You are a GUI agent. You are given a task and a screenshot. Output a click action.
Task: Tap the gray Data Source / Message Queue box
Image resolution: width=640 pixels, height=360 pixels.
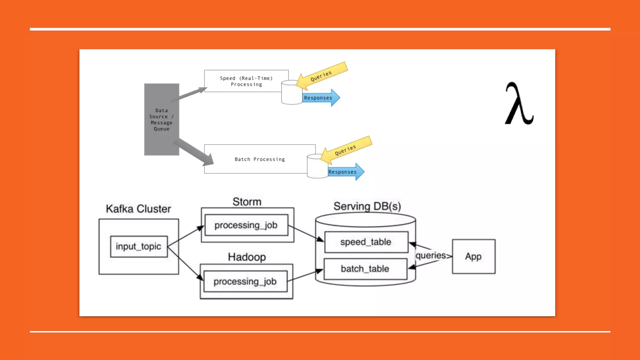pos(162,119)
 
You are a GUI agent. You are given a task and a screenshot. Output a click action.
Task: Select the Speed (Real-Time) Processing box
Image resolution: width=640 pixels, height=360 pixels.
pos(246,81)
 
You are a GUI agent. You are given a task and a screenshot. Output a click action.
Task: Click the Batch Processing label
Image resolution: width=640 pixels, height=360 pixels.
pos(260,159)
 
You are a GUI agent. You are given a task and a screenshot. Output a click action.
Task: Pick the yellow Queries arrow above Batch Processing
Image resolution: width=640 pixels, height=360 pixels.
pos(346,150)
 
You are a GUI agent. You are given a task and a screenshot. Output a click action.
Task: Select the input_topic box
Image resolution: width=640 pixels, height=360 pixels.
pos(139,247)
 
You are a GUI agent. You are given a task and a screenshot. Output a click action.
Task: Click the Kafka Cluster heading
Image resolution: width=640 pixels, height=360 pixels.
pos(138,209)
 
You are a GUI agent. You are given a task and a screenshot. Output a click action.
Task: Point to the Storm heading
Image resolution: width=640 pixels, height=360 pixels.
pos(247,202)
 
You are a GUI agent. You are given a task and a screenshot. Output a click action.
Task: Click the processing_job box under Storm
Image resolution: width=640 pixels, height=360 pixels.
pos(246,225)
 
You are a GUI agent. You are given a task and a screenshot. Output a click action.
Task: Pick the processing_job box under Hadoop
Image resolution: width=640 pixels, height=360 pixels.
pos(245,282)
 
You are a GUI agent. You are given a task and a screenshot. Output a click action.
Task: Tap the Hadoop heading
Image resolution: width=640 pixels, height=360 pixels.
pos(247,257)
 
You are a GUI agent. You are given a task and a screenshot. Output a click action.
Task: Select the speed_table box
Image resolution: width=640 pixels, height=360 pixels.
pos(366,242)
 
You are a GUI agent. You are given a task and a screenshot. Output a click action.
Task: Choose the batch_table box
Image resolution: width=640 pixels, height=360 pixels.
pos(365,269)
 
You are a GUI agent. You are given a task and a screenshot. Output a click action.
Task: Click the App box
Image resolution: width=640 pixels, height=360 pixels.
pos(473,257)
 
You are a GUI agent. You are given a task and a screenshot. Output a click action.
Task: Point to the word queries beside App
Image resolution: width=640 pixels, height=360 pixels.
pos(431,256)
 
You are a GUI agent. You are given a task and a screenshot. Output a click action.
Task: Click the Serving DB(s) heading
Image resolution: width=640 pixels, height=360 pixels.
pos(367,206)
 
